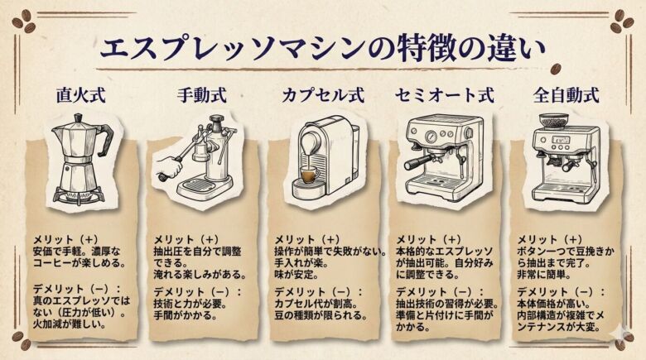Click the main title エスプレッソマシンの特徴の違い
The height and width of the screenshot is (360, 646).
(x=322, y=47)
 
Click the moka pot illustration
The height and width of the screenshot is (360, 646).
(x=80, y=161)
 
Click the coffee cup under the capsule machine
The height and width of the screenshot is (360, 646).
(x=308, y=176)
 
